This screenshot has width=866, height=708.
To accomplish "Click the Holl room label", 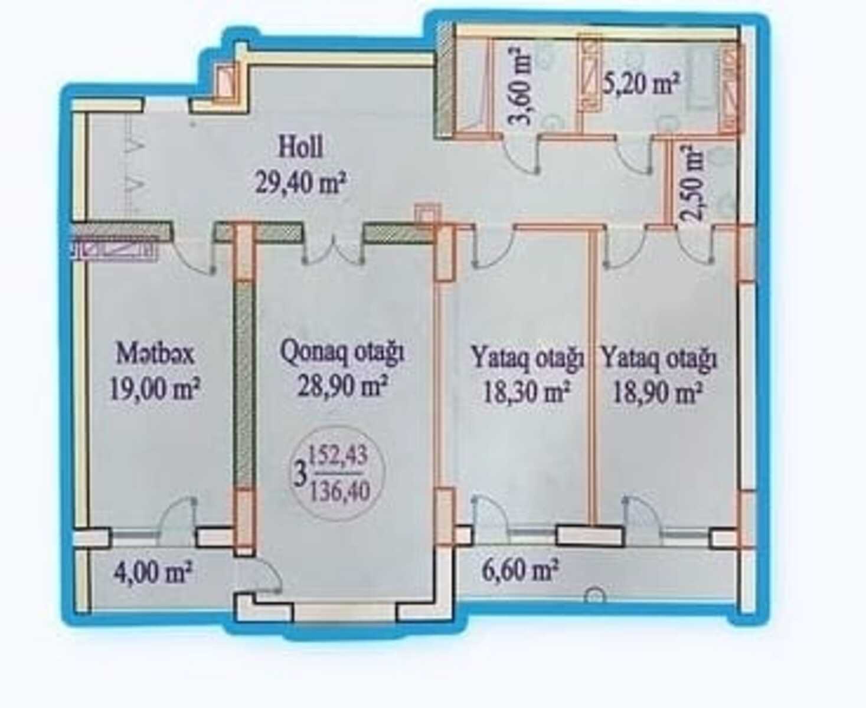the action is (300, 147).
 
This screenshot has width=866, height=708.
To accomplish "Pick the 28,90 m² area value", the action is (343, 388).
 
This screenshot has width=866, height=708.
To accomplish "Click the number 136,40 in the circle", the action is (340, 490).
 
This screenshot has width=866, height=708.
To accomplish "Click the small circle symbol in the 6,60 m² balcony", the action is (596, 596).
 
